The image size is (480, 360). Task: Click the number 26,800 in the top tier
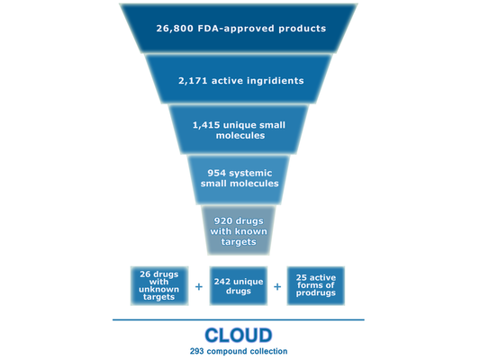(x=175, y=29)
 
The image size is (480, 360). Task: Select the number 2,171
(x=193, y=81)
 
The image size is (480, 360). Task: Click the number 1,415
(x=206, y=125)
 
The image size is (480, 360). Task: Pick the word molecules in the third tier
(x=240, y=136)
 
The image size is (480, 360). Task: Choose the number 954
(x=216, y=173)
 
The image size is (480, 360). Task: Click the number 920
(x=222, y=221)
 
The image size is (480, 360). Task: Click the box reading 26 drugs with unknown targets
(x=159, y=285)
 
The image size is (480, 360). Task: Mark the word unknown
(x=158, y=289)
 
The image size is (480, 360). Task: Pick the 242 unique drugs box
(x=238, y=285)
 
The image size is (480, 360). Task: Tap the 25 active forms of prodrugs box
(x=315, y=285)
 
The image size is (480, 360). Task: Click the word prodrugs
(x=315, y=293)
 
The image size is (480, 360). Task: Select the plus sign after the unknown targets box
(x=199, y=286)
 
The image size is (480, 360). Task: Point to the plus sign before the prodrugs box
(x=277, y=286)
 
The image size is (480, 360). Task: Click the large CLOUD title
(x=239, y=335)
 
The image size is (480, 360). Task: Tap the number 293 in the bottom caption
(x=197, y=351)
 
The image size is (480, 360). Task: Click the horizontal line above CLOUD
(x=239, y=319)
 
